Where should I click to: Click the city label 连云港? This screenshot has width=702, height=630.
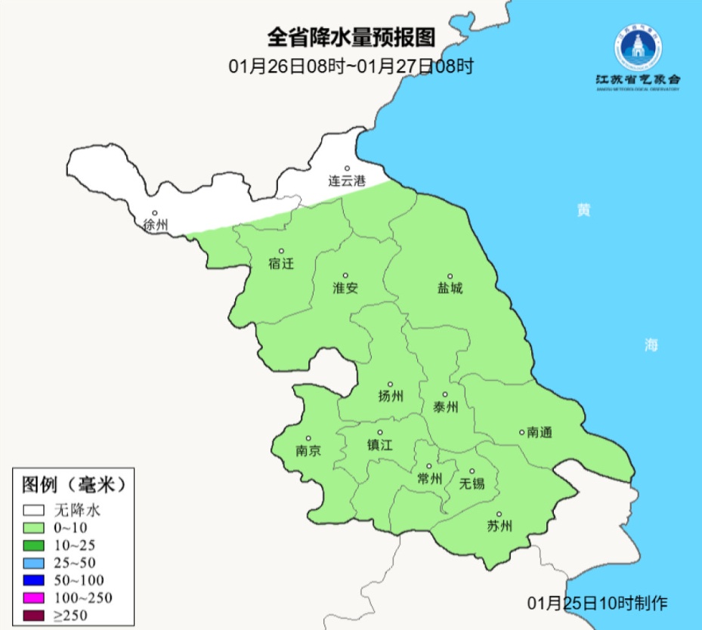coord(347,181)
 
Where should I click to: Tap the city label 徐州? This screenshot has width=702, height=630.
coord(155,225)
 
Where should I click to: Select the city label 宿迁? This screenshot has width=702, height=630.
coord(280,264)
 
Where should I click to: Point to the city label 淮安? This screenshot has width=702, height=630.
coord(345,288)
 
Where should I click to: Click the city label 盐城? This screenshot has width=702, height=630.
coord(450,289)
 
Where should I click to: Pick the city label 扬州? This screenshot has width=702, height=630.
coord(391,397)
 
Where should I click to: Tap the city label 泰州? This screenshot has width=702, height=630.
coord(446,407)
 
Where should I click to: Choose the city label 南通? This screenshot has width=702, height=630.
coord(540,433)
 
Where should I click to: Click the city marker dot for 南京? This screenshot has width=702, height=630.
coord(308,438)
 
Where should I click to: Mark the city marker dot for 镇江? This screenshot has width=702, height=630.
coord(380,432)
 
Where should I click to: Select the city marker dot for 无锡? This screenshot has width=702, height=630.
coord(472,471)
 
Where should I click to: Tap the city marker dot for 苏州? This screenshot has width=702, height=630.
coord(499,514)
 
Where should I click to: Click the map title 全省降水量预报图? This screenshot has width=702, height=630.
coord(352,37)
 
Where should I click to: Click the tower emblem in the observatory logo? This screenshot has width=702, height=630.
coord(637,50)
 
